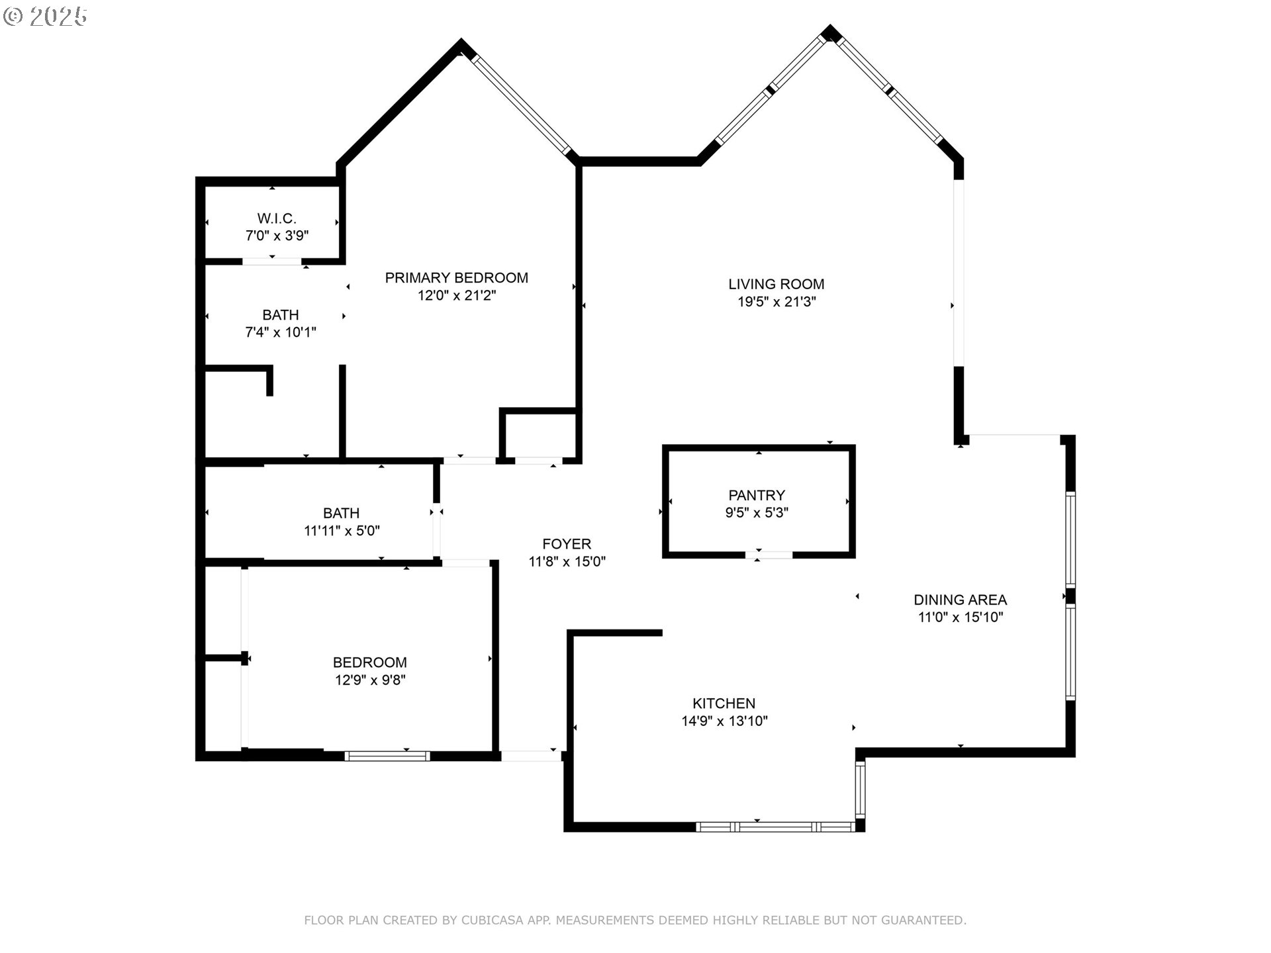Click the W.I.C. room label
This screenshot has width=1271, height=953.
click(277, 218)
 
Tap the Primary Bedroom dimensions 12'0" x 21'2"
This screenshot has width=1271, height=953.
click(456, 296)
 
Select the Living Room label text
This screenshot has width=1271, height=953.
click(776, 285)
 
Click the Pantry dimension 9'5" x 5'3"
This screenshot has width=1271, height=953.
click(756, 513)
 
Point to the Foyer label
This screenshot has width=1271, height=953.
click(567, 545)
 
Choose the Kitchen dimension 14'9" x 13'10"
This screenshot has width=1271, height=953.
click(724, 721)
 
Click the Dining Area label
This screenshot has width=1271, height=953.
click(960, 600)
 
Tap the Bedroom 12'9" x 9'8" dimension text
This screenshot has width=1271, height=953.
click(369, 680)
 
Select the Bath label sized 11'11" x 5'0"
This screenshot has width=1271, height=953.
click(341, 514)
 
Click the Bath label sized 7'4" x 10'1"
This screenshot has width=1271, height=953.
click(281, 315)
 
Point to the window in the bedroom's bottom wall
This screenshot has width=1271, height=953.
click(387, 756)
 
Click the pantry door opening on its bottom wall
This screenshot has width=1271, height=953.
click(769, 555)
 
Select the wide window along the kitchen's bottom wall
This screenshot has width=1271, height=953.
click(776, 827)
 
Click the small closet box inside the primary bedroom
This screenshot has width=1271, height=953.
click(540, 435)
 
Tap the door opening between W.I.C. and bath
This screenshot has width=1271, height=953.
click(271, 261)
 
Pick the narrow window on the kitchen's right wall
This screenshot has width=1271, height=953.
click(860, 790)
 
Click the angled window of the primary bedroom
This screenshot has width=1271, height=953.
click(521, 104)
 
